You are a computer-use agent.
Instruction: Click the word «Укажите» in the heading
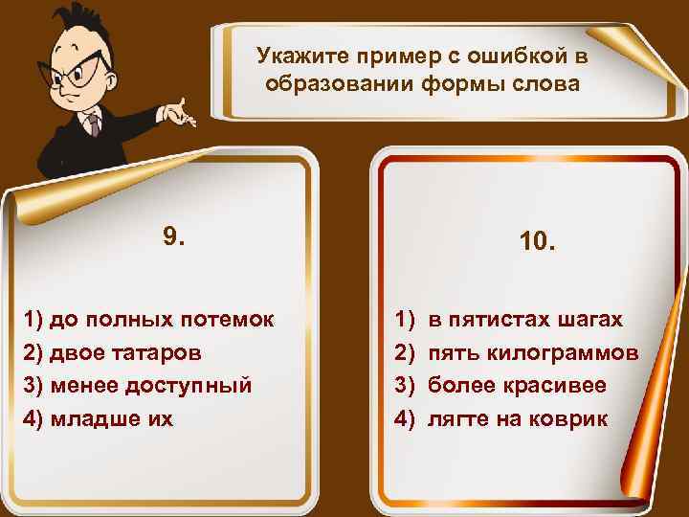(294, 57)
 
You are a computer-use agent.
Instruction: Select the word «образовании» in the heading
(344, 83)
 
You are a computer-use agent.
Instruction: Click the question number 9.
(174, 236)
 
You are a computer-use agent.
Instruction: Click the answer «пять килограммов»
(532, 352)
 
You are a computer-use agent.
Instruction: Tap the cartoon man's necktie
(92, 124)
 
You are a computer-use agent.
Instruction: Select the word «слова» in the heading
(547, 83)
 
